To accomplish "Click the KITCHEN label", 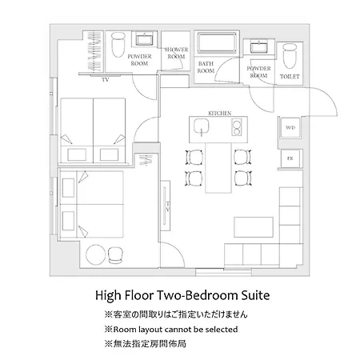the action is click(x=219, y=113).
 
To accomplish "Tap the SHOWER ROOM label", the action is click(x=176, y=53).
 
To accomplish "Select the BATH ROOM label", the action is click(x=206, y=67).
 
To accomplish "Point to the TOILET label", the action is click(x=290, y=77).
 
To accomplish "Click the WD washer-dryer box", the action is click(x=290, y=128).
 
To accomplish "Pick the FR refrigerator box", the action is click(x=290, y=158).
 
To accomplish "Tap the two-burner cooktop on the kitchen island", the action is click(x=237, y=127).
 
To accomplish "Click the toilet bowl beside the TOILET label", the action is click(x=290, y=56).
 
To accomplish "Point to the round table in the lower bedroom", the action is click(x=95, y=254).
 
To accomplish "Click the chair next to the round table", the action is click(x=115, y=255).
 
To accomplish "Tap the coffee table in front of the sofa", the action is click(x=254, y=227).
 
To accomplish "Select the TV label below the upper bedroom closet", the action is click(x=105, y=80).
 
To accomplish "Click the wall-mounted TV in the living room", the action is click(x=166, y=206).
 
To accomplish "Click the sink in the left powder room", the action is click(x=144, y=39).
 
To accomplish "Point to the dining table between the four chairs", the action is click(x=218, y=168).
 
